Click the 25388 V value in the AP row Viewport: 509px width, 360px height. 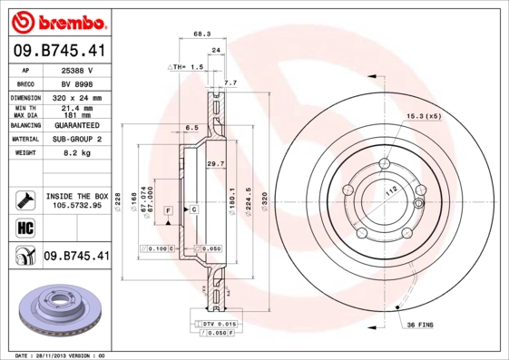[x=77, y=70]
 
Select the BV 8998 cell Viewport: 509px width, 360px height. [x=77, y=83]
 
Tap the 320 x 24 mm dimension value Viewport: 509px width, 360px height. [x=77, y=97]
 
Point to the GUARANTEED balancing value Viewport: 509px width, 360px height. [x=77, y=125]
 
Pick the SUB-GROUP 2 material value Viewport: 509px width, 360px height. [x=77, y=140]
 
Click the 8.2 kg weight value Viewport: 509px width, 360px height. [x=77, y=153]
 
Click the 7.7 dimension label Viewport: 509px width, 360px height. [x=230, y=83]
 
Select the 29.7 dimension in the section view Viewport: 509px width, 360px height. [x=216, y=163]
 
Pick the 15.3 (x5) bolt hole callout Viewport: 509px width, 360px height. [x=424, y=117]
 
